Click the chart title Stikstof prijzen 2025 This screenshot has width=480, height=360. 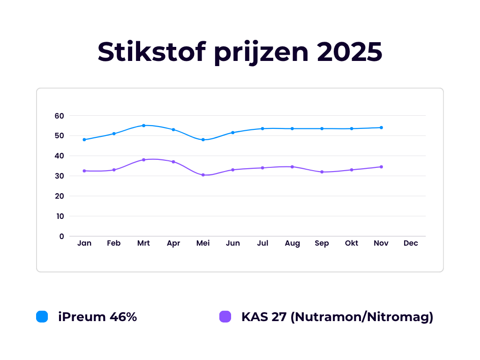tap(240, 52)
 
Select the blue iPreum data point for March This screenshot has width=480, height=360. tap(144, 126)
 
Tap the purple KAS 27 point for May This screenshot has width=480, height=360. tap(203, 175)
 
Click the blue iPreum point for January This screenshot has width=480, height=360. tap(84, 140)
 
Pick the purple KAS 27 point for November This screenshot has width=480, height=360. tap(381, 167)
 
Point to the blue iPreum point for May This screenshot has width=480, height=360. tap(203, 140)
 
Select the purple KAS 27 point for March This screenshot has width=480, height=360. tap(144, 160)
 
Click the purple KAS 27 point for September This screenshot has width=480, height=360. tap(322, 172)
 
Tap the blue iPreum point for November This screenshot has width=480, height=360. tap(381, 127)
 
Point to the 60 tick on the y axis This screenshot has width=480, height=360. tap(59, 116)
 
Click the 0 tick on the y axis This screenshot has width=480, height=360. tap(61, 236)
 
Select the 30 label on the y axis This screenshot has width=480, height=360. tap(59, 176)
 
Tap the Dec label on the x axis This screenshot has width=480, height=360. tap(411, 243)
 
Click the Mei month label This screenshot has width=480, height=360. tap(203, 243)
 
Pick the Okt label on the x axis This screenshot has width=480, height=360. tap(352, 243)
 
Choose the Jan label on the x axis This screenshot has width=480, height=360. tap(84, 243)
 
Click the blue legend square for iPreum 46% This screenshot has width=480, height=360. tap(42, 317)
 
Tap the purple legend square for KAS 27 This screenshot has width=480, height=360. tap(225, 317)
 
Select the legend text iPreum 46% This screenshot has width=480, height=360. tap(97, 317)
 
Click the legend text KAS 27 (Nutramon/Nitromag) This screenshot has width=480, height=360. tap(337, 317)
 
